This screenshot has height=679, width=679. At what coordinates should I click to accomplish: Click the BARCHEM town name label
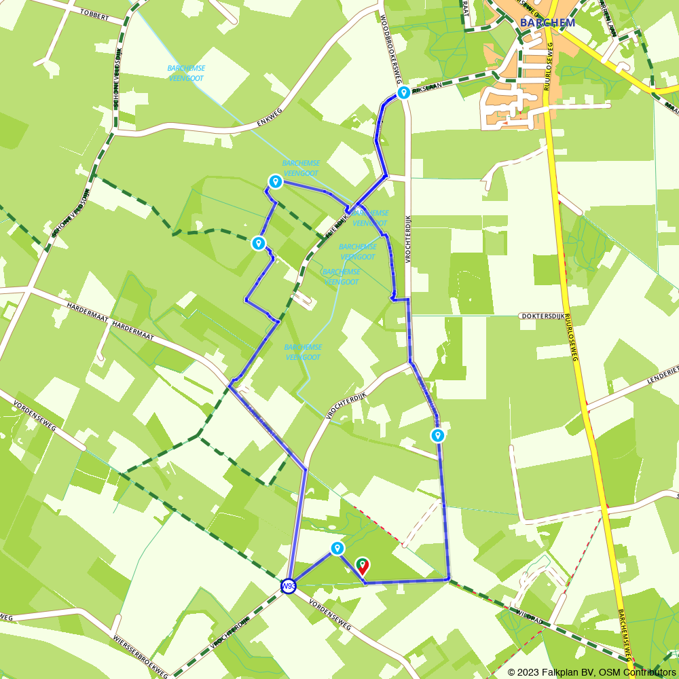(x=547, y=22)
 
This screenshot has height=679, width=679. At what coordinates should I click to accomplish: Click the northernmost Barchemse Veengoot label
(x=186, y=73)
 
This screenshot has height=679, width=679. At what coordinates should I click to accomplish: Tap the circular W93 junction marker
(x=289, y=585)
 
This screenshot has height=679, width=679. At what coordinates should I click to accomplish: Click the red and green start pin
(x=363, y=566)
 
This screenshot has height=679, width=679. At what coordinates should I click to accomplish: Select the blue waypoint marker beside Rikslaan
(x=403, y=92)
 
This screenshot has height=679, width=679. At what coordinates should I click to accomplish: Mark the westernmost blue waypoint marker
(x=258, y=242)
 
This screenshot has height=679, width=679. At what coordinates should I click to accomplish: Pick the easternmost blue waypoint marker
(x=438, y=435)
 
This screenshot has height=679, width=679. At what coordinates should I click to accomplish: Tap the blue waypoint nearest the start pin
(x=337, y=547)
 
